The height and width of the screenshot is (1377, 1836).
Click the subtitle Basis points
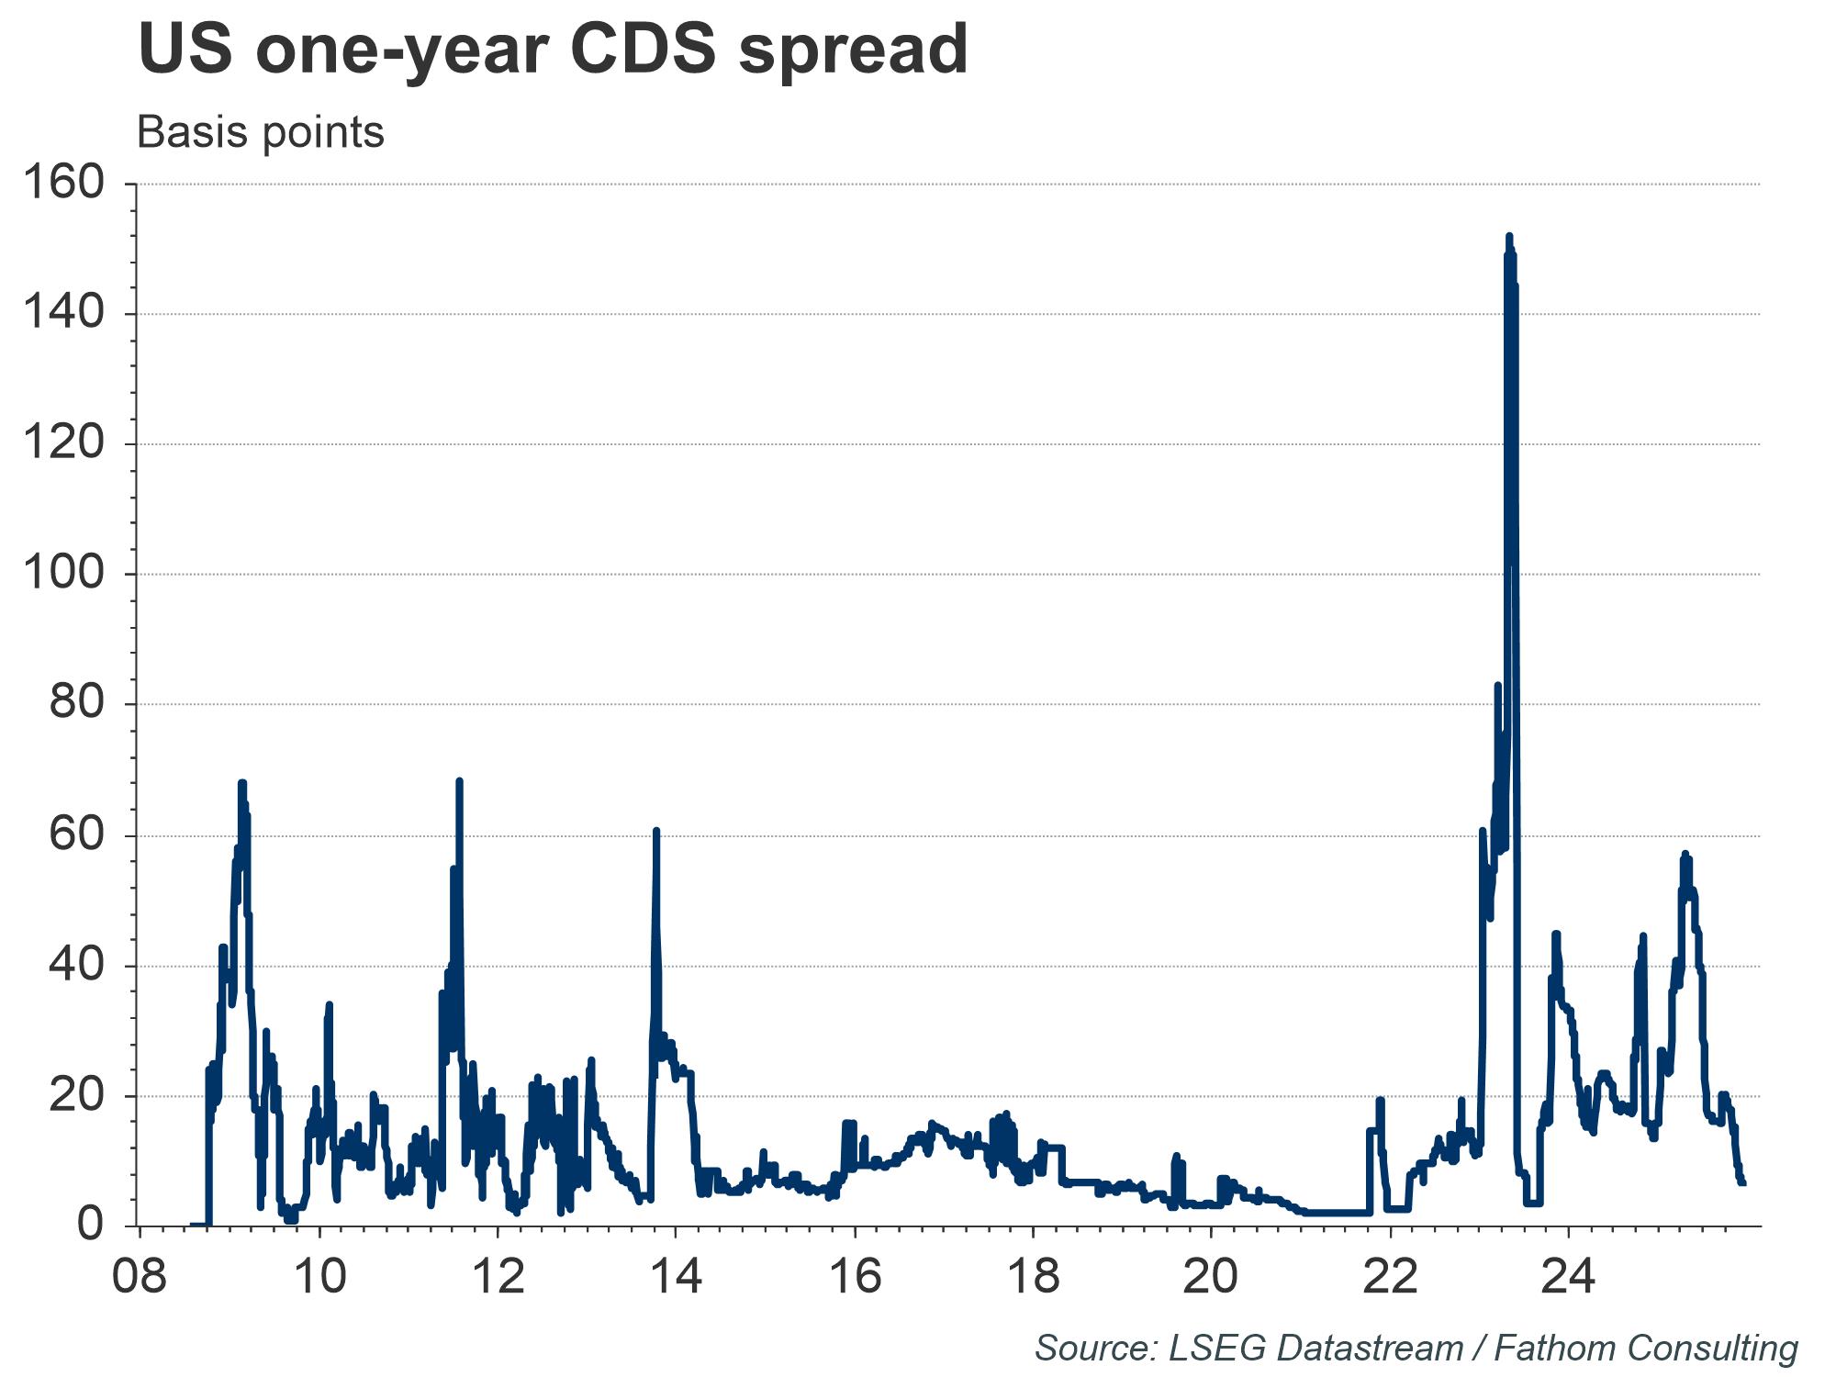pos(260,132)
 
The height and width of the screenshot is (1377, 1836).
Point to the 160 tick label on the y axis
pos(62,184)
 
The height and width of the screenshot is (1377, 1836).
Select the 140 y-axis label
pos(62,314)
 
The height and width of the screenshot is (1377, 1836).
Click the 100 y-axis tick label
pos(62,575)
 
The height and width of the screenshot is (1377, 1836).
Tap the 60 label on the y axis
pos(75,835)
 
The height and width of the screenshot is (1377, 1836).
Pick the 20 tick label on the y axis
pos(75,1096)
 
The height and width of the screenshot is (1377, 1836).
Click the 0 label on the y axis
pos(90,1226)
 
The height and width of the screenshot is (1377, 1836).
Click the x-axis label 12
pos(497,1277)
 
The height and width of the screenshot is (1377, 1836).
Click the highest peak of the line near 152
pos(1508,237)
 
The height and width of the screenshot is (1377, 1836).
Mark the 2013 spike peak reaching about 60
pos(655,831)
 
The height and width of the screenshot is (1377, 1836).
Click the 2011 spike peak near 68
pos(459,781)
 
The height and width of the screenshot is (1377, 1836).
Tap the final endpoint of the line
pos(1742,1183)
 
